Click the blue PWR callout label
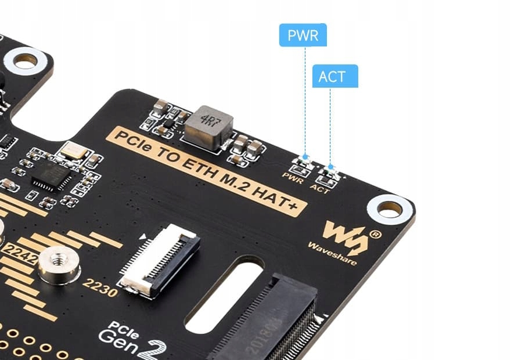tap(303, 35)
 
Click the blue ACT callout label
tap(334, 76)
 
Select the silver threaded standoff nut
tap(56, 264)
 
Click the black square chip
tap(51, 174)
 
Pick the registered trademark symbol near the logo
tap(375, 235)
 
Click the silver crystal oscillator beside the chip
tap(74, 151)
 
